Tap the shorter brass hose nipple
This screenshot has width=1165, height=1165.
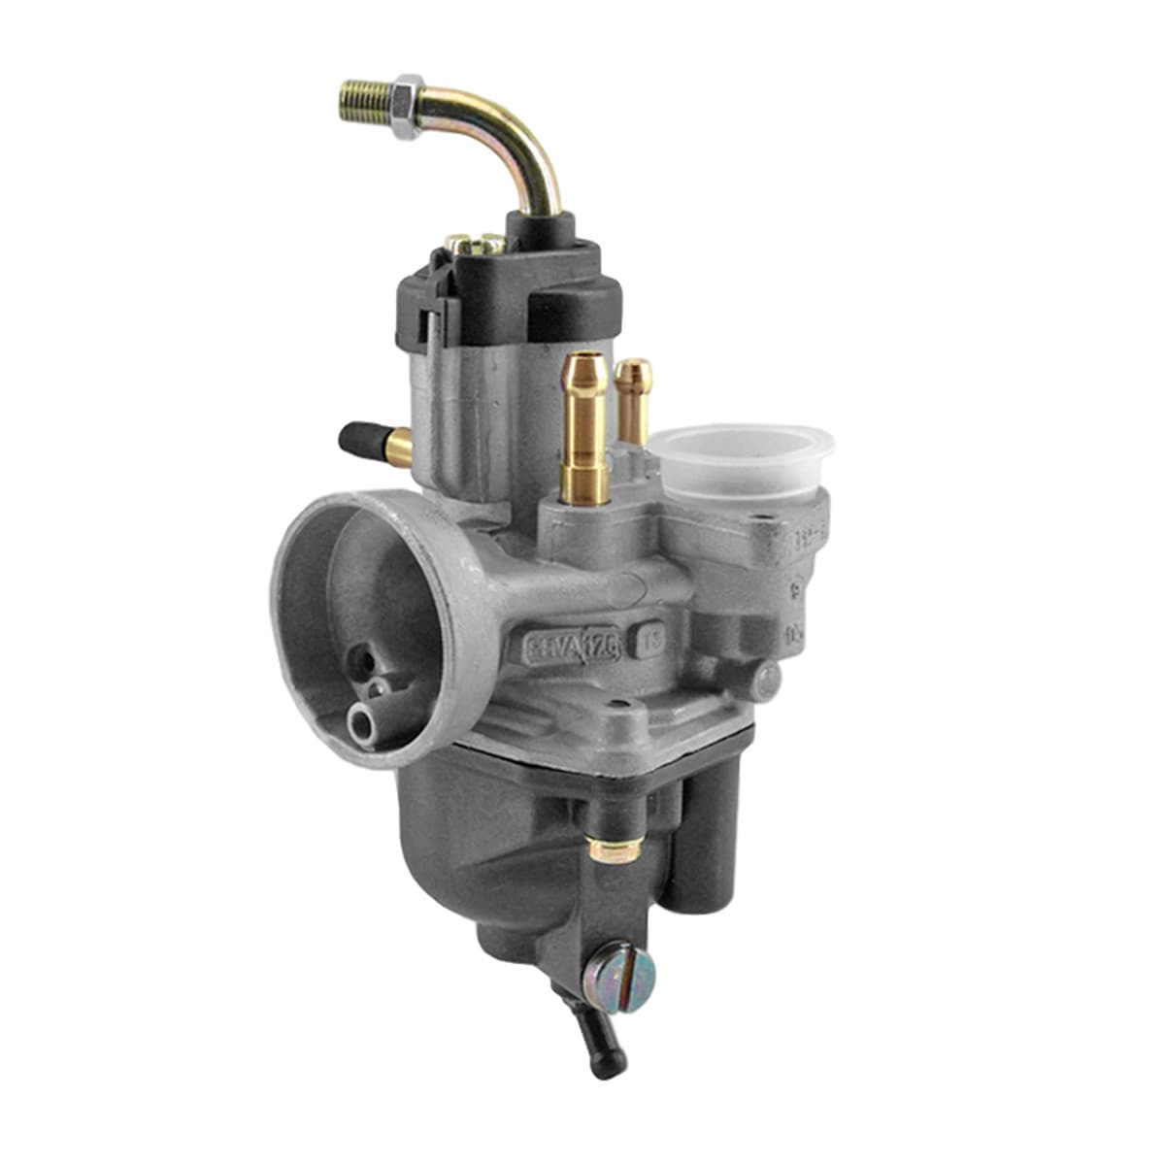(633, 398)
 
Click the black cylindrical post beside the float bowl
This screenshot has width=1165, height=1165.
(714, 835)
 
